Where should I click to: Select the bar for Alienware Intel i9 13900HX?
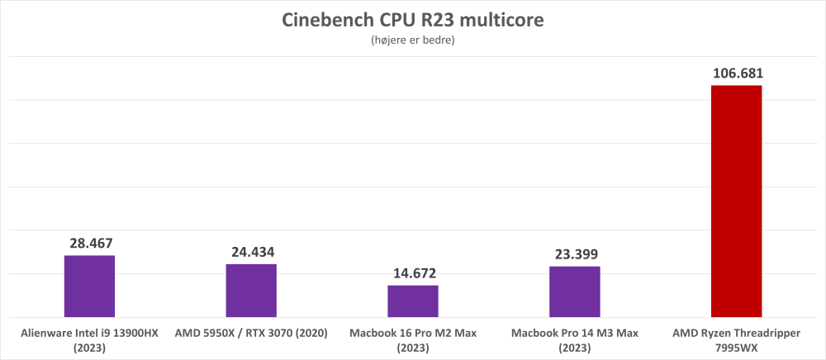pyautogui.click(x=89, y=286)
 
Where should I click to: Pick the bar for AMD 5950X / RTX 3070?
pyautogui.click(x=251, y=290)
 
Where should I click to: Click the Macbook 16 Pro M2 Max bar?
pyautogui.click(x=413, y=301)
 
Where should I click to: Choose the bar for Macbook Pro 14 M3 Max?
pyautogui.click(x=575, y=291)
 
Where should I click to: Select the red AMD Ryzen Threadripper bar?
pyautogui.click(x=736, y=201)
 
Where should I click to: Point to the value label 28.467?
pyautogui.click(x=89, y=244)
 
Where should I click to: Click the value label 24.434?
pyautogui.click(x=251, y=253)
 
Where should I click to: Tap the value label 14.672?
pyautogui.click(x=413, y=273)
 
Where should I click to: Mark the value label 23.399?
pyautogui.click(x=575, y=254)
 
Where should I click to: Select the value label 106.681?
pyautogui.click(x=736, y=73)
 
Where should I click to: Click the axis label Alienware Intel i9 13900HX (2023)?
pyautogui.click(x=89, y=340)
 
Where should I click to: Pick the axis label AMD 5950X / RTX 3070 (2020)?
pyautogui.click(x=251, y=334)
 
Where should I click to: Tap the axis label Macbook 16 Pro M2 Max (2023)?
pyautogui.click(x=413, y=340)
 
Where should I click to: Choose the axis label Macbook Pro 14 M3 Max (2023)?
pyautogui.click(x=575, y=340)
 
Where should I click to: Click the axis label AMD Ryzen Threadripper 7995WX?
pyautogui.click(x=736, y=340)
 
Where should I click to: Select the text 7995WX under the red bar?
pyautogui.click(x=736, y=348)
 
